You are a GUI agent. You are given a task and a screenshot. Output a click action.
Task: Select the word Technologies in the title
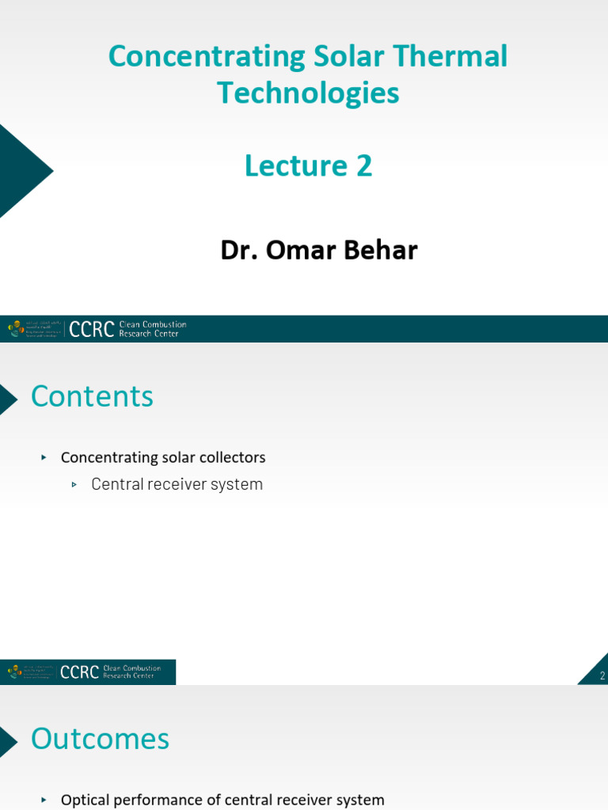[308, 93]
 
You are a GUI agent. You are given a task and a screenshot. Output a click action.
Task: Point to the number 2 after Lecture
[363, 166]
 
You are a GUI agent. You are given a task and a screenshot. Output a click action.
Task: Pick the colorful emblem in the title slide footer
[15, 329]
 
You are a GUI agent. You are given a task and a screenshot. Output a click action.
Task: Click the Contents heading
[92, 396]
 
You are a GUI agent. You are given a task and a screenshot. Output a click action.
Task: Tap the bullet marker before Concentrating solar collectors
[44, 458]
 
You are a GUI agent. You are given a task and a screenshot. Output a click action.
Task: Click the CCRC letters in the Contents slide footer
[80, 672]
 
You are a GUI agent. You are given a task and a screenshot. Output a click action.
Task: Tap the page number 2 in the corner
[602, 676]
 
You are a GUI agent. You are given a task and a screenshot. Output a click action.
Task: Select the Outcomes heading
[100, 739]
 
